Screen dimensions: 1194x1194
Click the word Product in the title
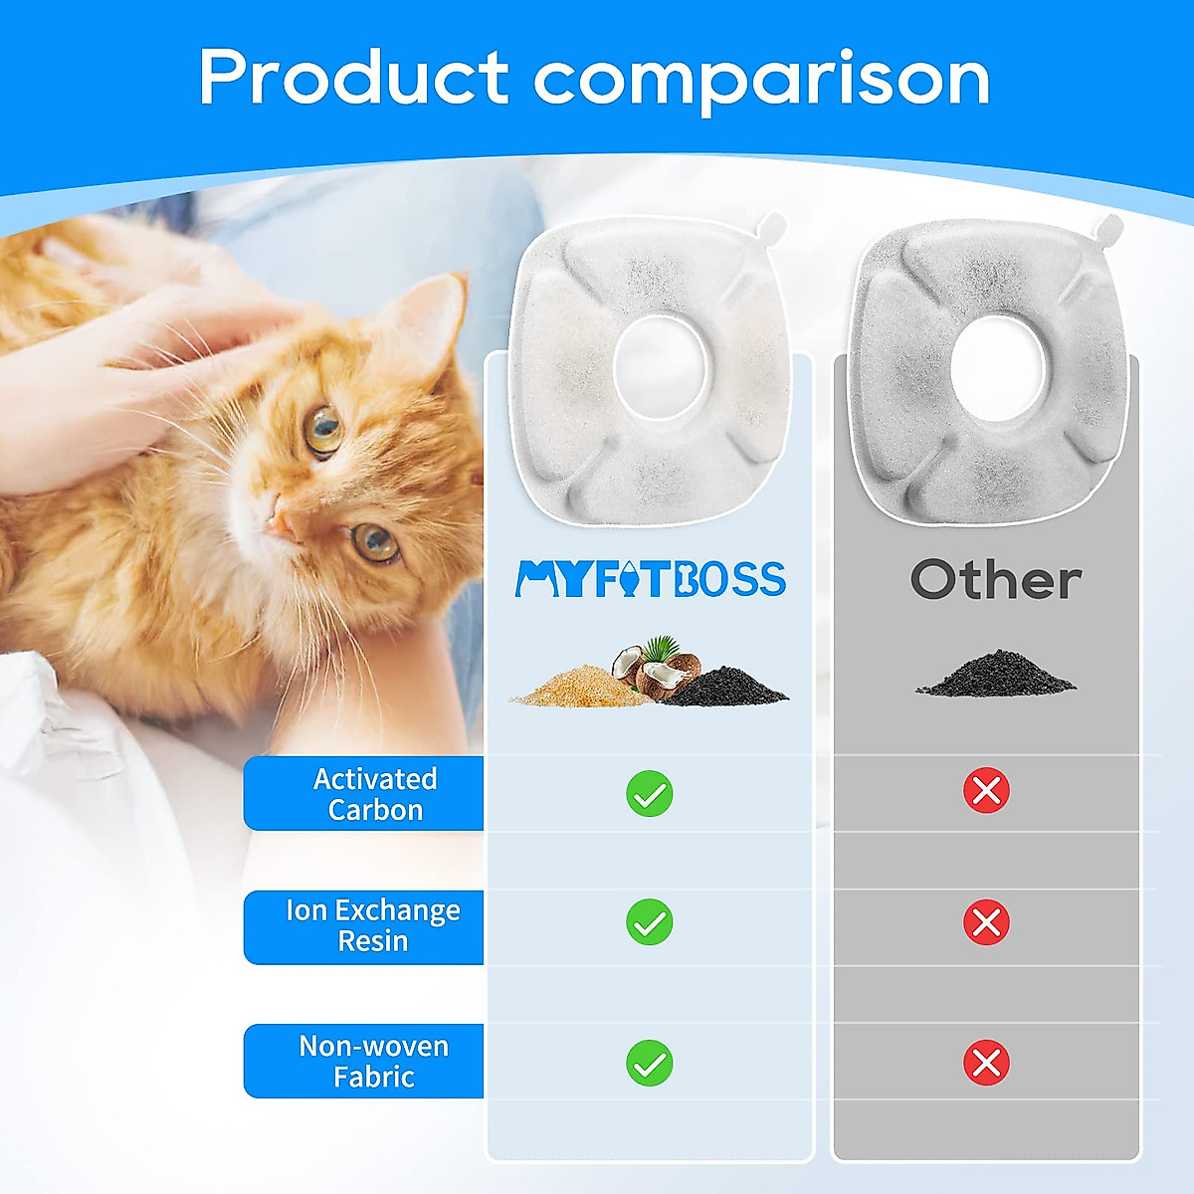[353, 78]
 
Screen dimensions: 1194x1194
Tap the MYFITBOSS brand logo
[650, 579]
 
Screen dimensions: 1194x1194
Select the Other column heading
[995, 579]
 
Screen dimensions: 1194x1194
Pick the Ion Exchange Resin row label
[373, 926]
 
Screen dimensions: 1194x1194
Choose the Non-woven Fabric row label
[373, 1061]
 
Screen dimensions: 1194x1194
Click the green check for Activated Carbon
[650, 794]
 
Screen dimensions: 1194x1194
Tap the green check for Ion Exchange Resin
[650, 922]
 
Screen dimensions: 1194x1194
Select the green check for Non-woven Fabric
[650, 1063]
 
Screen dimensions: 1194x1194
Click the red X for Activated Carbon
[986, 791]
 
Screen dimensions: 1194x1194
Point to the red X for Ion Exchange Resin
[986, 922]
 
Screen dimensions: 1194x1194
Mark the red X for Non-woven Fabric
[986, 1063]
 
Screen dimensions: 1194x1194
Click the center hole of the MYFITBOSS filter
[660, 367]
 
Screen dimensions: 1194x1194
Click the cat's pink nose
[280, 519]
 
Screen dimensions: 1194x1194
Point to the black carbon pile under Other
[995, 675]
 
